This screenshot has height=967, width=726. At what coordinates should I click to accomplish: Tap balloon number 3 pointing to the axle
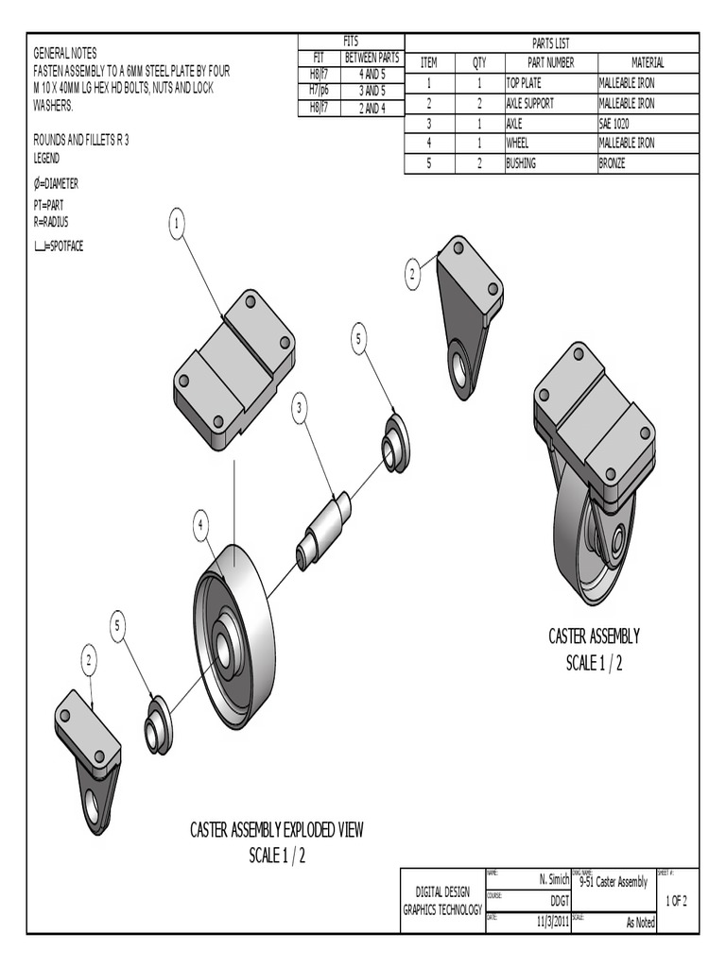point(300,408)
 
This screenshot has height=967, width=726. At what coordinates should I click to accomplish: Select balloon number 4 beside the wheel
point(201,526)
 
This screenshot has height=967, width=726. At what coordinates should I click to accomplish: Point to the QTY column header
point(479,62)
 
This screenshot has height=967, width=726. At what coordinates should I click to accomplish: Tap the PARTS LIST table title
point(551,43)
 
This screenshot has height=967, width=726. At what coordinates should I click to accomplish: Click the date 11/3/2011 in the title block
point(553,923)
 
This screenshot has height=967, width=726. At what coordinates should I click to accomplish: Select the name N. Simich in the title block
point(554,879)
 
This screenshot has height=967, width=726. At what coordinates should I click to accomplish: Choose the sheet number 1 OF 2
point(676,901)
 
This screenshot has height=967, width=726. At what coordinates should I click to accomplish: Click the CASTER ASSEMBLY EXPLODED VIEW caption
point(277,830)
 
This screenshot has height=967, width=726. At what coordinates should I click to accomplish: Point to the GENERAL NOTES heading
point(65,53)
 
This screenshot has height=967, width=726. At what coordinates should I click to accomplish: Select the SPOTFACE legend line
point(59,246)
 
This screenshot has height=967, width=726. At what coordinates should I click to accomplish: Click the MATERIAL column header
point(648,62)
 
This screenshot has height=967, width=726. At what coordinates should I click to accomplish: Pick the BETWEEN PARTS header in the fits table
point(372,57)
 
